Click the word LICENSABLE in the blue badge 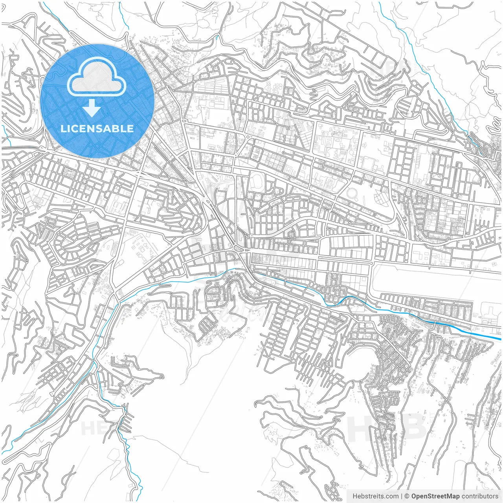click(97, 129)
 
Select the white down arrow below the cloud click(92, 108)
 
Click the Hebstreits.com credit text click(375, 496)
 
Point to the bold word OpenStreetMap click(435, 496)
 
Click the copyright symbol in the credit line click(407, 496)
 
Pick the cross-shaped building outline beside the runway click(490, 314)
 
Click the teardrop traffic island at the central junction click(237, 248)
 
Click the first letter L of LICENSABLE click(63, 129)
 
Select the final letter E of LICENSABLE click(130, 129)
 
